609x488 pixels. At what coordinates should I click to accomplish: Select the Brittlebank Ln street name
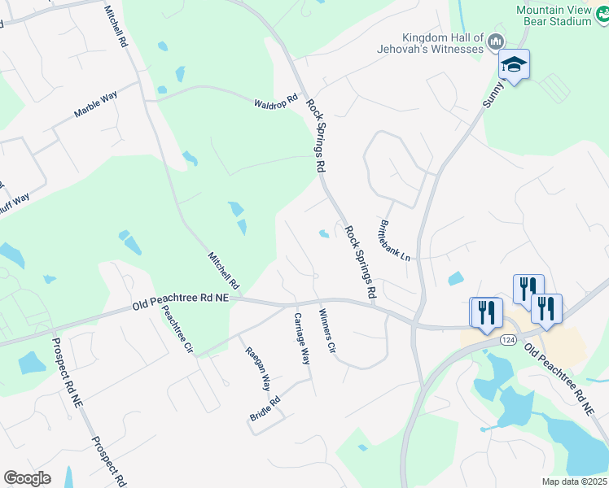coord(397,240)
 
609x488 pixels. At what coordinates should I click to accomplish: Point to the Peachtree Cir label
coord(177,329)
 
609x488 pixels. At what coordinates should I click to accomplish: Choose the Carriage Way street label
coord(302,338)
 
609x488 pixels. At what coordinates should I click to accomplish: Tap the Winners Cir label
coord(327,331)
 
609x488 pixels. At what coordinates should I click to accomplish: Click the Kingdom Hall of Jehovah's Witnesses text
coord(443,43)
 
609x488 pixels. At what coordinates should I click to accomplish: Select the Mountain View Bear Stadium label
coord(554,15)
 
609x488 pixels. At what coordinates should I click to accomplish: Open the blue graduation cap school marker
coord(514,64)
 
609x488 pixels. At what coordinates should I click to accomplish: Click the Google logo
coord(27,478)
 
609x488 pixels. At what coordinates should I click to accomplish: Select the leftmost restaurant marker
coord(486,312)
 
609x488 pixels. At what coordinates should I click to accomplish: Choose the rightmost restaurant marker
coord(546,308)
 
